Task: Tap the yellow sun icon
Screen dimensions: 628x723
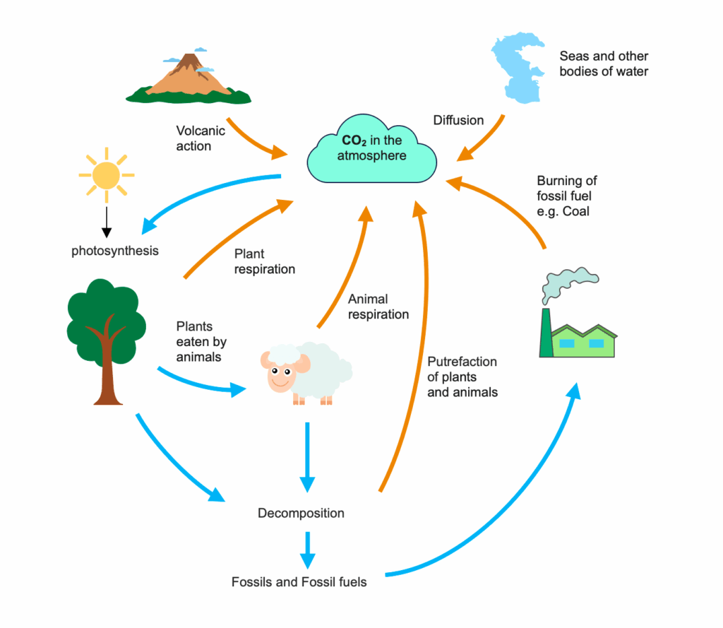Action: coord(107,174)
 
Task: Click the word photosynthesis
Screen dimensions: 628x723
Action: coord(115,251)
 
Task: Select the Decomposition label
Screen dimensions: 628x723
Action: coord(301,513)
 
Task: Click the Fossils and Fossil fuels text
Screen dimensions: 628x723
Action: coord(299,583)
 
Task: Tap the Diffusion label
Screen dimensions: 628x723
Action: coord(458,120)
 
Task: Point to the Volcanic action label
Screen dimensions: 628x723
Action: coord(201,138)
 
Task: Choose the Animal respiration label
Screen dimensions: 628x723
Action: coord(378,307)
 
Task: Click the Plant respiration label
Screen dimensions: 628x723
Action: coord(265,261)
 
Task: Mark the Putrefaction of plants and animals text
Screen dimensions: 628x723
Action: coord(462,377)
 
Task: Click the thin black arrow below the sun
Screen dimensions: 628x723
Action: coord(107,220)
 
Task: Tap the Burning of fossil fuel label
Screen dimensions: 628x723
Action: coord(567,196)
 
